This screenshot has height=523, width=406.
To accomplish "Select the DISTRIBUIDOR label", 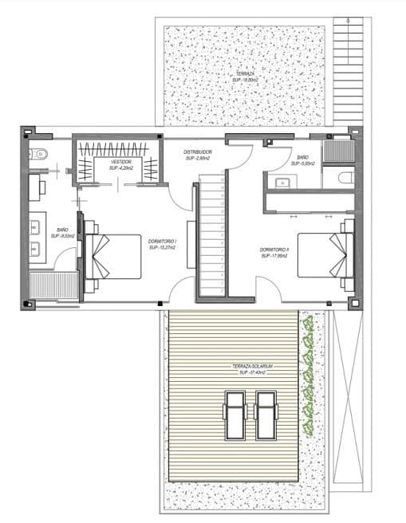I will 197,151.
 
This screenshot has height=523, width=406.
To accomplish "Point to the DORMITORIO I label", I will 162,241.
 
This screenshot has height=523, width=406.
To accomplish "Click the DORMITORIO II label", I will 274,250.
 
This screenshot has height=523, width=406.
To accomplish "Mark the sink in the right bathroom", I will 282,182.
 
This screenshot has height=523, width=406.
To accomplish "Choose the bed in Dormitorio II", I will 325,254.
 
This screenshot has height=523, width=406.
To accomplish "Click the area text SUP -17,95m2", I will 274,257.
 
